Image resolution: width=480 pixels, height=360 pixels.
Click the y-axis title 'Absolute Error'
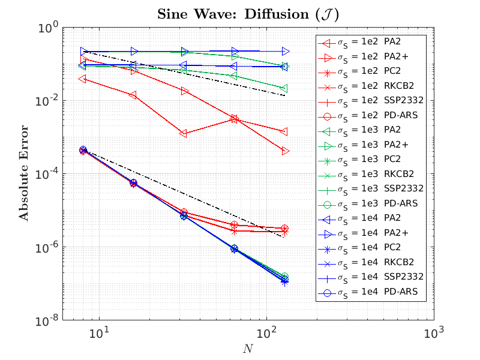pyautogui.click(x=24, y=173)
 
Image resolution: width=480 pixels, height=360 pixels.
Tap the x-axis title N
pyautogui.click(x=247, y=349)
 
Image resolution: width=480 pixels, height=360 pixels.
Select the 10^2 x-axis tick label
pyautogui.click(x=266, y=332)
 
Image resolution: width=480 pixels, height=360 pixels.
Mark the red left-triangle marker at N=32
pyautogui.click(x=183, y=133)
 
